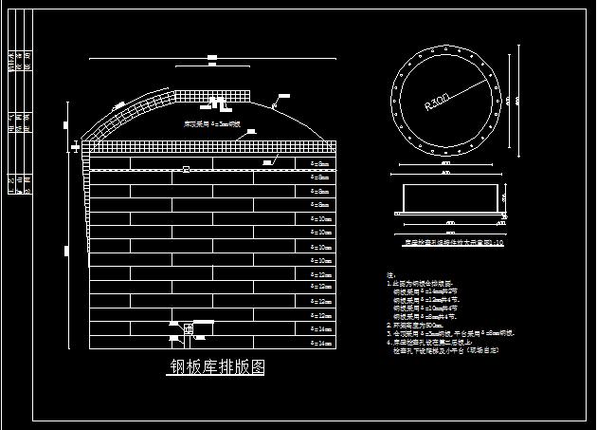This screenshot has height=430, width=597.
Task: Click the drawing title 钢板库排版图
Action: point(217,368)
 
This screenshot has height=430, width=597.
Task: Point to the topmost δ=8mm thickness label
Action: point(320,163)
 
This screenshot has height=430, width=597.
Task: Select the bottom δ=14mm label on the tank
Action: point(320,343)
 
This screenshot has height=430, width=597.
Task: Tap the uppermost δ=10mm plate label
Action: point(320,218)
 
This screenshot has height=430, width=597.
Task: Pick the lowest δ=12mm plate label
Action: point(320,315)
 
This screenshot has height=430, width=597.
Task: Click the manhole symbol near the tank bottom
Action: point(189,329)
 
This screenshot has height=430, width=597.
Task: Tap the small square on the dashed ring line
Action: point(187,170)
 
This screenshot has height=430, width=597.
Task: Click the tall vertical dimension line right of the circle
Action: point(516,100)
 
